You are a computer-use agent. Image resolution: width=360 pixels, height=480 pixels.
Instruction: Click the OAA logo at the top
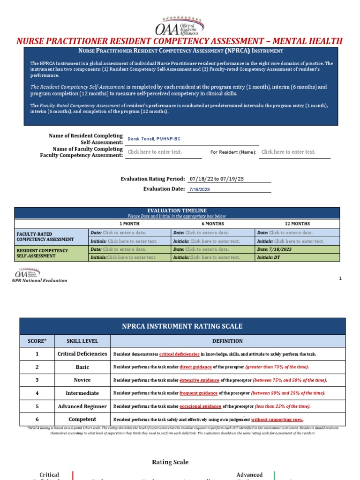(180, 23)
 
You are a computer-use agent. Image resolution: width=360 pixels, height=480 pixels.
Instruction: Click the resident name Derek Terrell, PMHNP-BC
(154, 139)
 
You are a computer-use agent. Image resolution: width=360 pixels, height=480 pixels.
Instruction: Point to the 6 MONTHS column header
(212, 224)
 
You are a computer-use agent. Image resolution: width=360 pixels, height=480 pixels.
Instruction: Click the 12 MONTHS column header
(297, 224)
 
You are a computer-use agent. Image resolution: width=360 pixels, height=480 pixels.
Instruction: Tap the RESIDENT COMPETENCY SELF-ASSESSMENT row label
(42, 253)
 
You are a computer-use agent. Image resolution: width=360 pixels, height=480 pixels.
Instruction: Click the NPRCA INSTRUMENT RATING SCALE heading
(182, 326)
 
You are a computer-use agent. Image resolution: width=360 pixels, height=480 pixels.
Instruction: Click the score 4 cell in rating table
(37, 393)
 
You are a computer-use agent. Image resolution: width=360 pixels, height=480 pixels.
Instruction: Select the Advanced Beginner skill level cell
(82, 406)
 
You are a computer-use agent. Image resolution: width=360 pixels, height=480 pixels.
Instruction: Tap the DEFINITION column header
(227, 341)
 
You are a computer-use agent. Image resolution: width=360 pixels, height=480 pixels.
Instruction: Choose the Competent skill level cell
(82, 420)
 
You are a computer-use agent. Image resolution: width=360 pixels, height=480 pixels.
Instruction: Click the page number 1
(340, 278)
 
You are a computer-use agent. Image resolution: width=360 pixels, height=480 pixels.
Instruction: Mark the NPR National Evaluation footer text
(39, 280)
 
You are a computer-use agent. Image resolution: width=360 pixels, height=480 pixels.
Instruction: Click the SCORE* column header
(37, 341)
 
